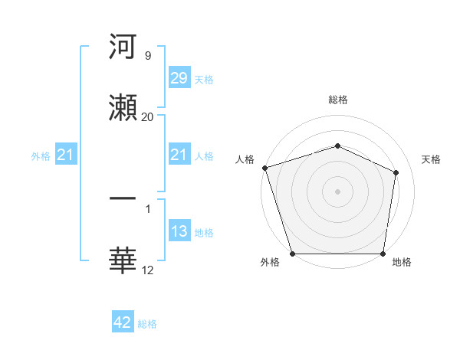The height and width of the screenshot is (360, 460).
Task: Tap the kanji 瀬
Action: click(123, 106)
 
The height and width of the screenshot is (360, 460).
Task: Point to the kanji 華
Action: click(123, 260)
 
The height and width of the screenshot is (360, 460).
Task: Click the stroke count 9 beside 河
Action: click(147, 56)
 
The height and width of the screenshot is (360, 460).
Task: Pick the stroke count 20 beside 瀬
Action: click(147, 116)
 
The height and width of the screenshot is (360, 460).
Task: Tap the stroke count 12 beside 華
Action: click(147, 270)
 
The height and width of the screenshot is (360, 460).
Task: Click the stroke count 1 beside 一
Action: click(147, 209)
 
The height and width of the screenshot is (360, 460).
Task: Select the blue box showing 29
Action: click(179, 79)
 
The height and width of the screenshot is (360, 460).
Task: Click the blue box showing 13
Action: click(179, 232)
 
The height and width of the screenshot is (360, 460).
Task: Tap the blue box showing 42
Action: click(123, 323)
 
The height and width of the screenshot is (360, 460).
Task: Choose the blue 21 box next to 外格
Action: click(65, 155)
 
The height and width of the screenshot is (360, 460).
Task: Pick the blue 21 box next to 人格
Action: click(179, 155)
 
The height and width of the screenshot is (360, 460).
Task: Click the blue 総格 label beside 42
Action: click(147, 324)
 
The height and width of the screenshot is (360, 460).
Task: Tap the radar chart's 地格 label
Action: click(402, 262)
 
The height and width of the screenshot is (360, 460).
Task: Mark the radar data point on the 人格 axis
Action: click(264, 168)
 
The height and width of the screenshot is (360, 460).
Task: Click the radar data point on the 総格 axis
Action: click(337, 146)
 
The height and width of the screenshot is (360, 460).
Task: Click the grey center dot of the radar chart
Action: click(337, 191)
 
